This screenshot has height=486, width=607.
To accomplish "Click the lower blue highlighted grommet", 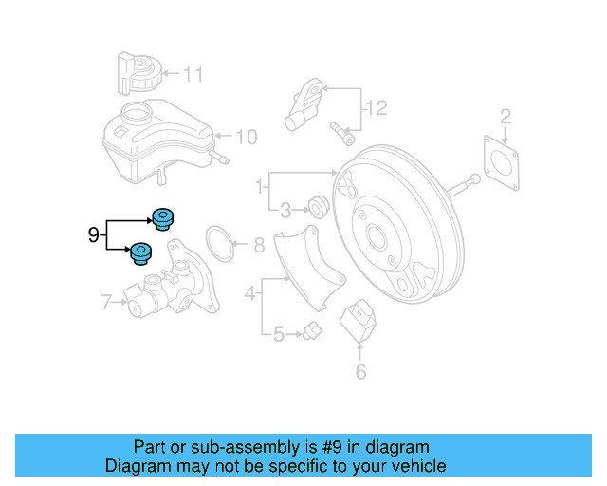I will coord(141,254).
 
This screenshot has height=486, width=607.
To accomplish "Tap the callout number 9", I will coord(94,234).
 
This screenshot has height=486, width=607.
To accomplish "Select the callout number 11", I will coord(193,73).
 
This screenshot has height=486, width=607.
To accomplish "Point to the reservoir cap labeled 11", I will coord(138,73).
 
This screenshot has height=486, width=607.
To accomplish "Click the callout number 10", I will coord(246,138).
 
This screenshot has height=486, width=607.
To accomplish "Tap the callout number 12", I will coord(377,109).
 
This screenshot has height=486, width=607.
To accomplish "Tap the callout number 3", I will coord(285,209).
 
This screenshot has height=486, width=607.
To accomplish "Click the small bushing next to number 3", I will coord(318,205).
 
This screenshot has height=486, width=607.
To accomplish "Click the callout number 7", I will coord(107,304).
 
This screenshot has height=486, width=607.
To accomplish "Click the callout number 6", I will coord(360,372).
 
